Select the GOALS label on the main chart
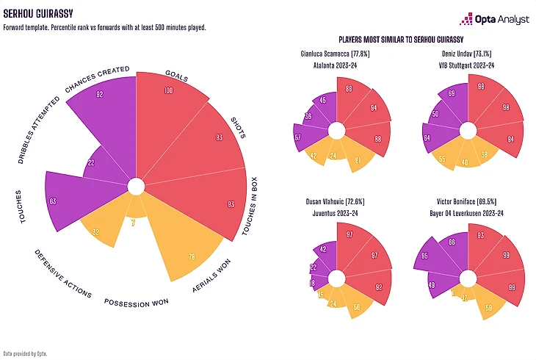[177, 76]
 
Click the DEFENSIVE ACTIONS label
[62, 274]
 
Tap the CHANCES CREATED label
[98, 79]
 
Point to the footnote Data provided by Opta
[25, 353]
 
